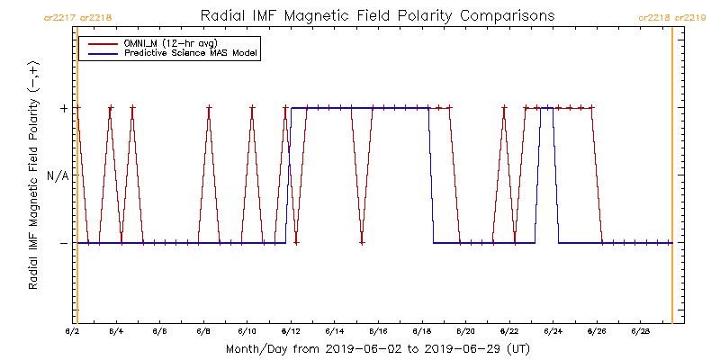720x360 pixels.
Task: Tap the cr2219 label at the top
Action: click(690, 17)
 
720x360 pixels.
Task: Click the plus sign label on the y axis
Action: click(63, 108)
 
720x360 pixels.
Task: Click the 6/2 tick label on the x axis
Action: click(74, 330)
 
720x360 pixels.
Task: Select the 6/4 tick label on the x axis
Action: click(116, 330)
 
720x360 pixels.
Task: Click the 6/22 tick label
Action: click(509, 330)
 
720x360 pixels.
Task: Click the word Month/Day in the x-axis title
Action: click(253, 347)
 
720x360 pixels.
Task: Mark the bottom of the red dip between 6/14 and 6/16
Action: click(362, 242)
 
